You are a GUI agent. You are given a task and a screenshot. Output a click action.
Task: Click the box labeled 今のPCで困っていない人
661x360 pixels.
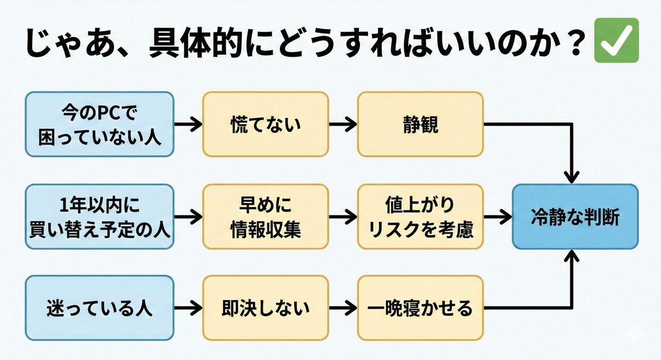click(x=100, y=124)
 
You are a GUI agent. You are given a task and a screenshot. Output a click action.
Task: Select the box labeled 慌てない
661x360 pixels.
click(x=266, y=124)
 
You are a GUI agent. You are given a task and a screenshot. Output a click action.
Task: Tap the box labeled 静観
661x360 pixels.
click(x=420, y=124)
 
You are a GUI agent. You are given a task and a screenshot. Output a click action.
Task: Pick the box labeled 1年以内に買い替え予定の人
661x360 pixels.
click(x=100, y=217)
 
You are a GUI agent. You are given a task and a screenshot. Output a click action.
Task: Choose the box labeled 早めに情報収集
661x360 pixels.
click(x=266, y=217)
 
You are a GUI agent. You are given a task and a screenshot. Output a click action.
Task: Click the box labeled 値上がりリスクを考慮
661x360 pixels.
click(x=420, y=217)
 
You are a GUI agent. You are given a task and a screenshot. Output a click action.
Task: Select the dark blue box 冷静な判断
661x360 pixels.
click(x=575, y=217)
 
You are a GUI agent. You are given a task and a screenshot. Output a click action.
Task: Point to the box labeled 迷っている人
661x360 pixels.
click(x=100, y=308)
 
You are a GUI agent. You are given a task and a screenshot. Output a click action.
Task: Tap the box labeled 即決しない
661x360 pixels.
click(x=266, y=308)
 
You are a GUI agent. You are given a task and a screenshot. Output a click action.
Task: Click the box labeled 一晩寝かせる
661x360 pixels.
click(x=420, y=308)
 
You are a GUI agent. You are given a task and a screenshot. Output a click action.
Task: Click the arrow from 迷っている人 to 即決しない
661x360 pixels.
click(x=188, y=308)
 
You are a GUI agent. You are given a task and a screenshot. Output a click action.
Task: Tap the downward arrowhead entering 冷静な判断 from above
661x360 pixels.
click(x=573, y=175)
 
